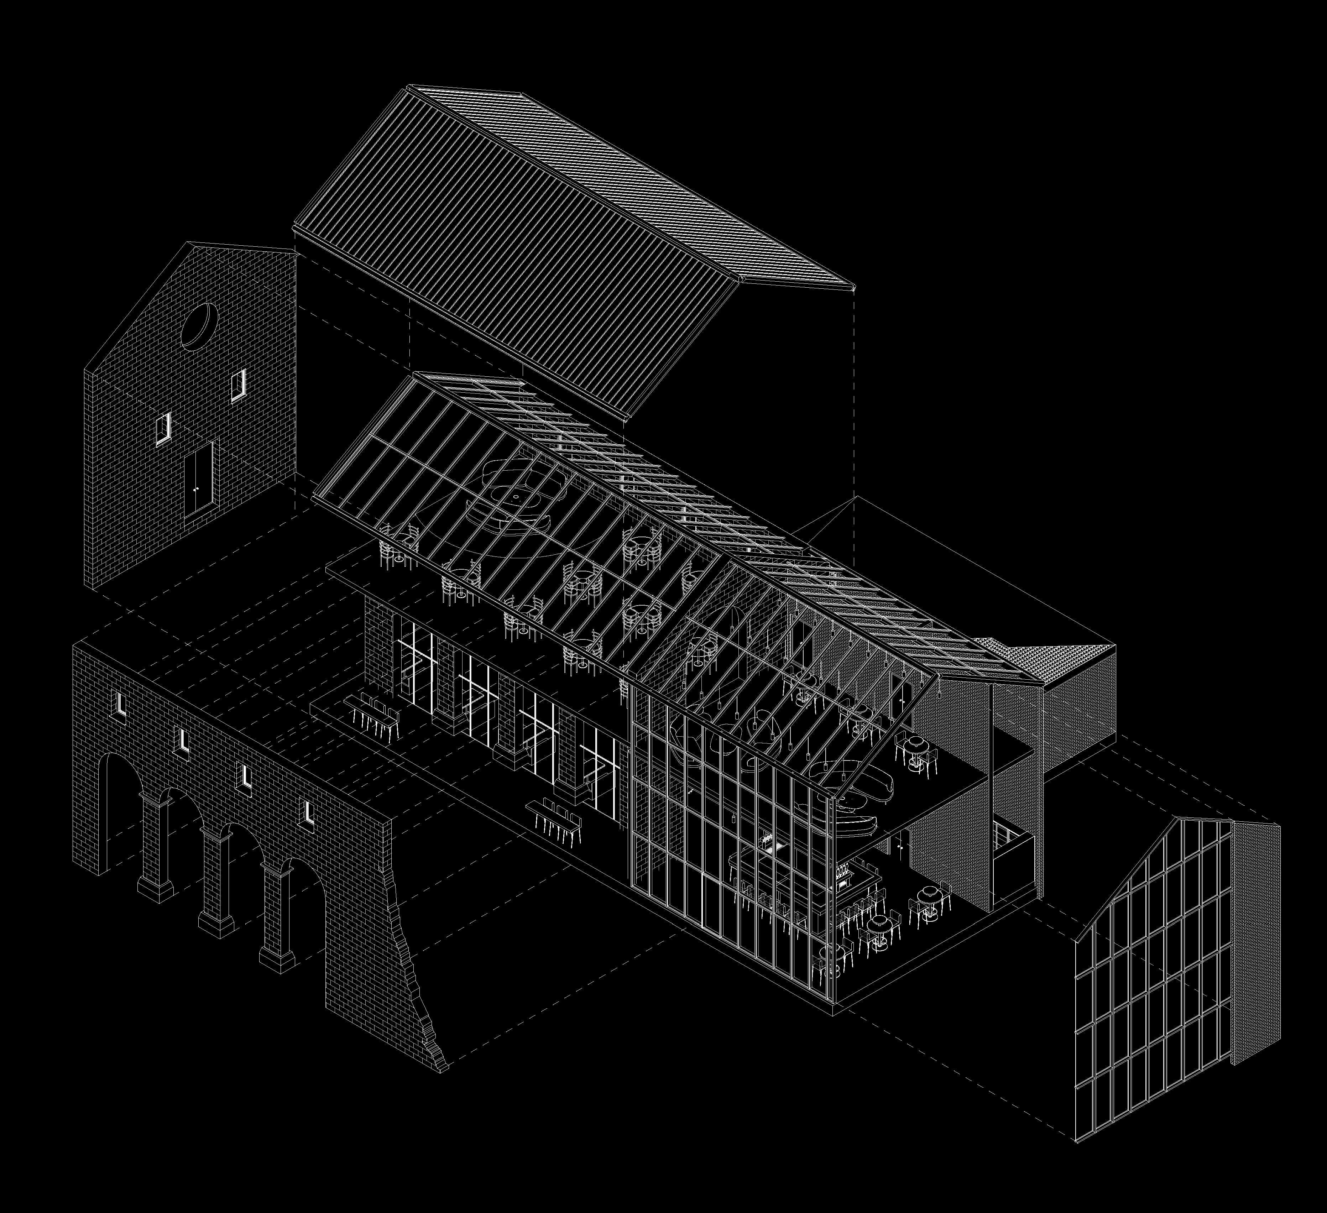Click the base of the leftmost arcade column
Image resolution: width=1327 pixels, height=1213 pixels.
pyautogui.click(x=156, y=889)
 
